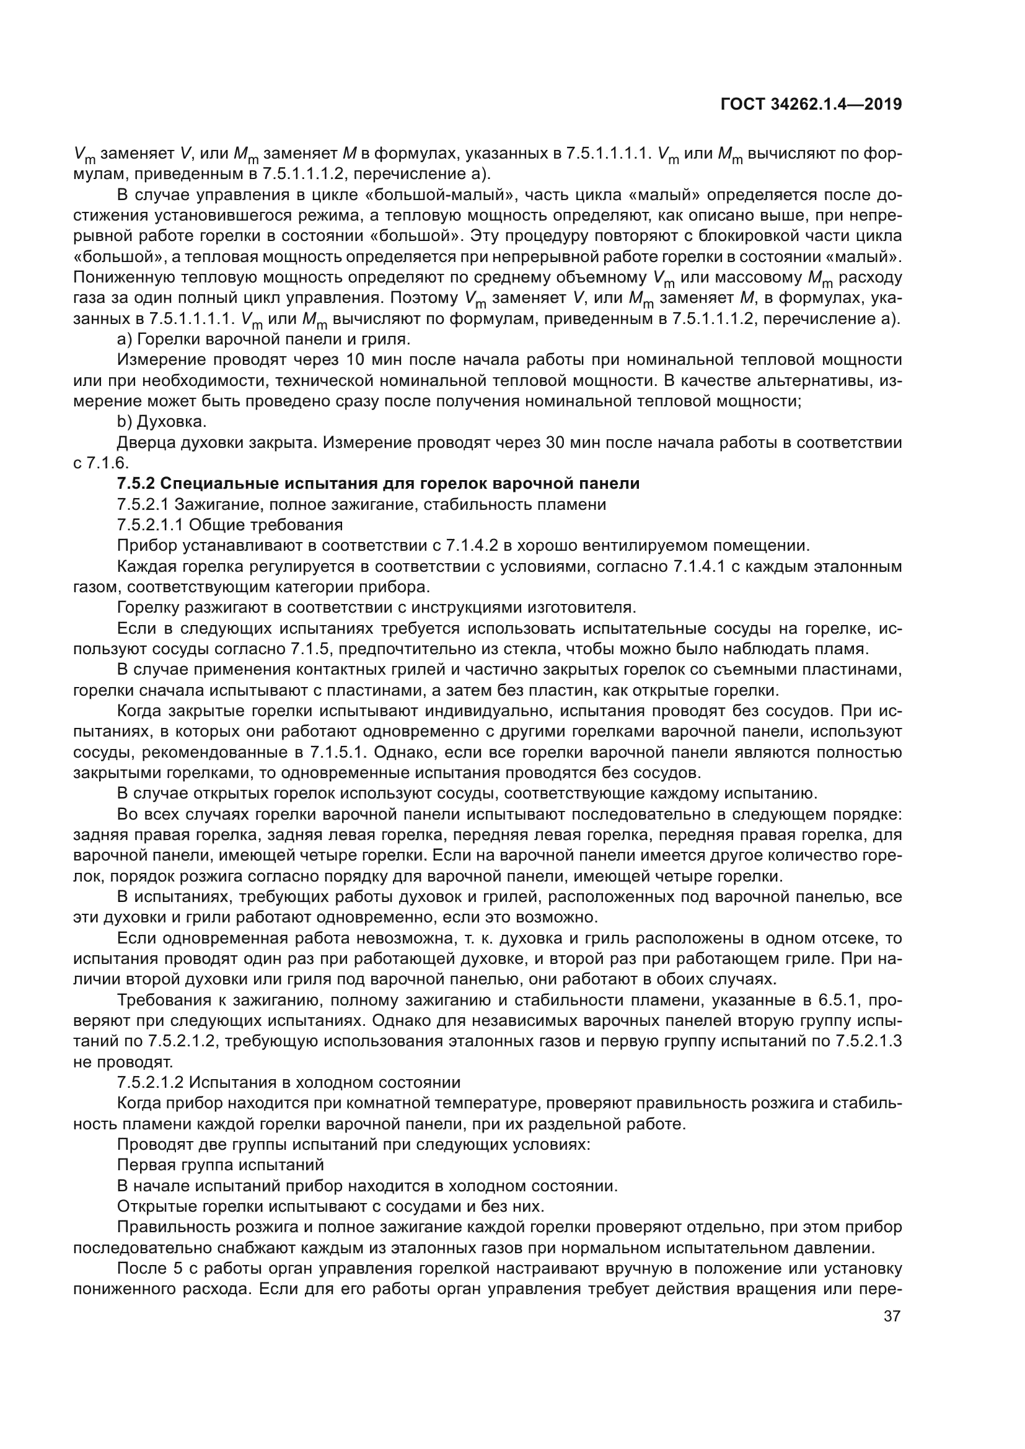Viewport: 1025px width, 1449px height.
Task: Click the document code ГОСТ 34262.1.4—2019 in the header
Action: click(811, 104)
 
